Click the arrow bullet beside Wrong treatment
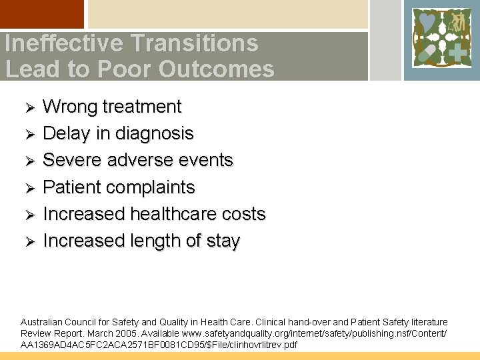coord(28,107)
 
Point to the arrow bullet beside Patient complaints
coord(28,188)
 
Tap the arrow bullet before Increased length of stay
coord(28,241)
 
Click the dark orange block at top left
coord(42,14)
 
